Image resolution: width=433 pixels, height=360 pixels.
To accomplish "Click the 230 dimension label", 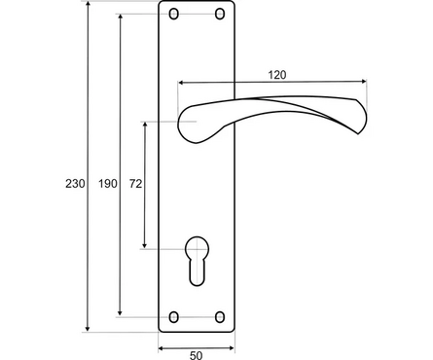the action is tap(75, 184).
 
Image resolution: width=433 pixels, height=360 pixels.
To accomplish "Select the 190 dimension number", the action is tap(108, 184).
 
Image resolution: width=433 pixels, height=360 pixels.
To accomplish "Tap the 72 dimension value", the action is tap(135, 184).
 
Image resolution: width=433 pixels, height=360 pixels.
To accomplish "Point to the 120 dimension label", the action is tap(277, 75).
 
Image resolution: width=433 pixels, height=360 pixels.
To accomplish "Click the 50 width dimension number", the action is tap(197, 355).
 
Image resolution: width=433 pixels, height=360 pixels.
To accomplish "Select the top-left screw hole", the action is tap(174, 14).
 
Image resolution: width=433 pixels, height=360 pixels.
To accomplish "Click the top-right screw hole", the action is tap(220, 14).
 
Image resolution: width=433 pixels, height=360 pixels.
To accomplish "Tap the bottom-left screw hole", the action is tap(174, 317).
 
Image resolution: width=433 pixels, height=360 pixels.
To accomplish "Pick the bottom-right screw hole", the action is tap(220, 317).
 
